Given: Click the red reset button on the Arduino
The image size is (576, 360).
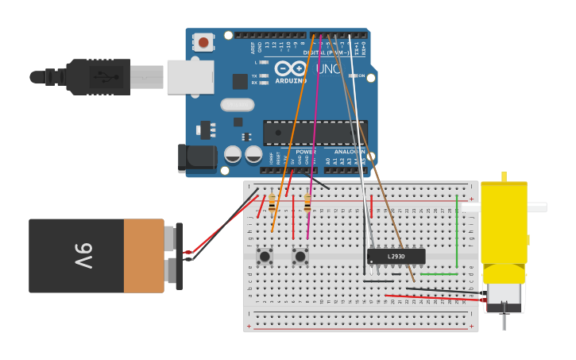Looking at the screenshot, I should click(x=203, y=42).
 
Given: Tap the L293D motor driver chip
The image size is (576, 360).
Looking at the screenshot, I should click(x=396, y=256).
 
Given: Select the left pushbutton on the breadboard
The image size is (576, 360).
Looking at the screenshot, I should click(x=264, y=256).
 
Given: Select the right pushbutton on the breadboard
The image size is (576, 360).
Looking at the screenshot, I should click(x=300, y=256).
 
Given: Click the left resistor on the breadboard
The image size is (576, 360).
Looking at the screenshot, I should click(x=272, y=203).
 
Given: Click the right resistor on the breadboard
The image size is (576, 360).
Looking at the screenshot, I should click(x=307, y=203).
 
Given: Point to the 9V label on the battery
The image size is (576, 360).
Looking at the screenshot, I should click(x=84, y=256).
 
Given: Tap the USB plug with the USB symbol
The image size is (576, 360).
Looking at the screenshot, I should click(x=99, y=77).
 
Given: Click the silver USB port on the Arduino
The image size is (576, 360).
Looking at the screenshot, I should click(x=190, y=77).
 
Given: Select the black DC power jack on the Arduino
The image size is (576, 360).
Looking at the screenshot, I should click(x=197, y=158).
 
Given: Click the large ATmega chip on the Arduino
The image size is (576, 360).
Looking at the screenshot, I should click(x=315, y=133).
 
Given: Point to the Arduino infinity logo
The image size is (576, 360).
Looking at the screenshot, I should click(x=291, y=69).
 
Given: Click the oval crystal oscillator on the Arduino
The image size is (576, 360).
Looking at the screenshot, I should click(x=237, y=105).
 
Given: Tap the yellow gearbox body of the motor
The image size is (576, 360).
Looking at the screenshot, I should click(x=504, y=223).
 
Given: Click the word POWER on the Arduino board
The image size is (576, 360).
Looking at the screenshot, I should click(x=305, y=151).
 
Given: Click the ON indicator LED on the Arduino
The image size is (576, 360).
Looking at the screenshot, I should click(x=351, y=76).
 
